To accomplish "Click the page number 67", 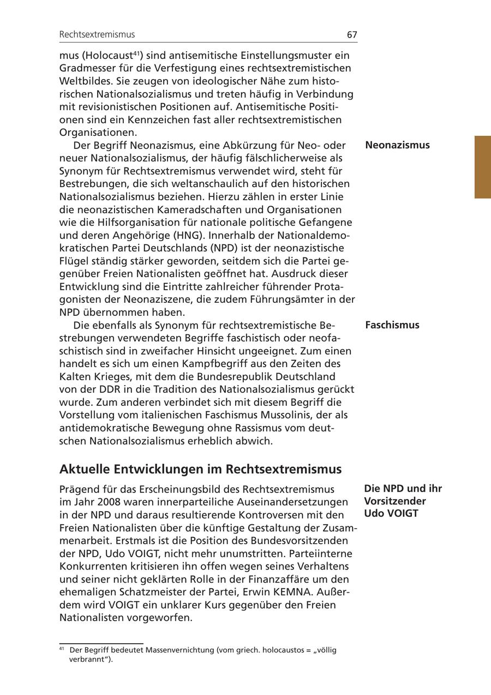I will click(x=352, y=34).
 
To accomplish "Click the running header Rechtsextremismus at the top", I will click(x=97, y=34).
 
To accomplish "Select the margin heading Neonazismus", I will click(x=397, y=145).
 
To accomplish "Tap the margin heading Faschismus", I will click(x=392, y=325).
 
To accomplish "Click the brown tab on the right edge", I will click(x=483, y=167).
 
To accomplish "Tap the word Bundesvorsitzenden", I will click(x=299, y=541).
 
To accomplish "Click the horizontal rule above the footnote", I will click(x=101, y=644).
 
